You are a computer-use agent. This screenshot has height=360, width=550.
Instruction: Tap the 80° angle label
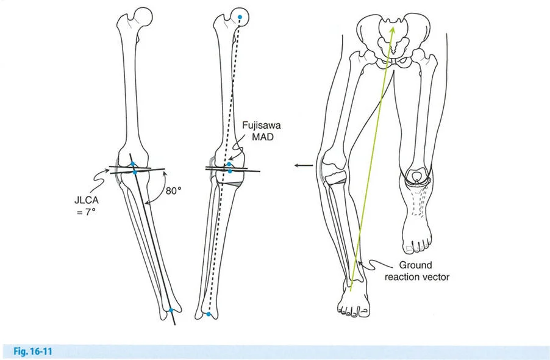[x=174, y=190]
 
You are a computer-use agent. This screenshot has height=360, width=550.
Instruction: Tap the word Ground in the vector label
[x=415, y=265]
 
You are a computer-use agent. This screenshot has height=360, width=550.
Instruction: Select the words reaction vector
[x=424, y=277]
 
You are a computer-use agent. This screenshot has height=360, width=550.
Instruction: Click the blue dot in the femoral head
[x=240, y=17]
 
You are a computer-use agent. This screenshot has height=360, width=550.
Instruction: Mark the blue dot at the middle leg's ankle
[x=209, y=314]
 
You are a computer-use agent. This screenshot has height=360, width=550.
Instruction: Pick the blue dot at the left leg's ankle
[x=171, y=311]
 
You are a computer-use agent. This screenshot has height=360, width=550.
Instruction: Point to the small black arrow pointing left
[x=300, y=165]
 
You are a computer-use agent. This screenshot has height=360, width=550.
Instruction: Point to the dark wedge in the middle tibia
[x=236, y=183]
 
